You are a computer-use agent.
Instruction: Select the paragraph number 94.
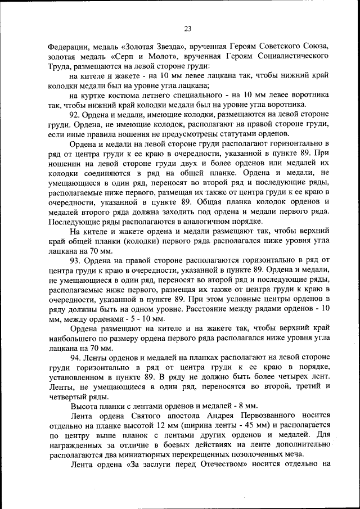(75, 357)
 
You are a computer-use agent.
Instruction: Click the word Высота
(84, 406)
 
